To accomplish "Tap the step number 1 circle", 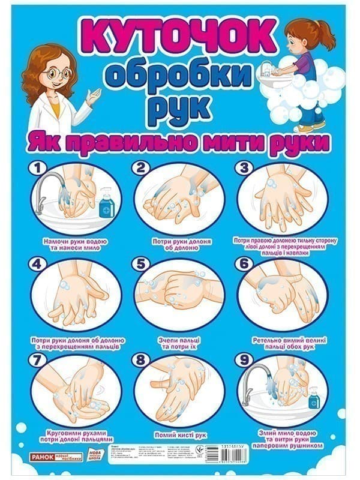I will click(38, 169).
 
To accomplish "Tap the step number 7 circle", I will click(38, 361).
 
